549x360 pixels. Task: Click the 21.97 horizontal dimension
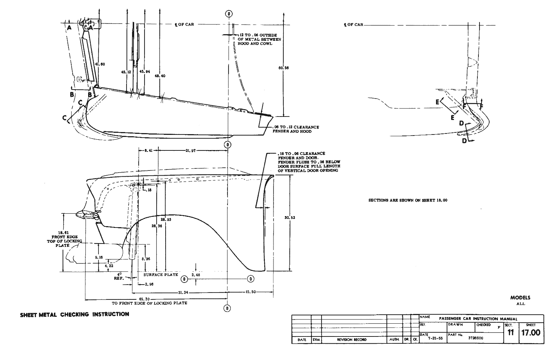click(x=190, y=150)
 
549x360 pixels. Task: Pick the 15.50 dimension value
click(x=250, y=292)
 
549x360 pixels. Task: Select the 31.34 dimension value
click(x=183, y=292)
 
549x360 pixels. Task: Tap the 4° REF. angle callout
click(x=119, y=276)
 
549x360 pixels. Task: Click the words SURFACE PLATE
click(x=161, y=275)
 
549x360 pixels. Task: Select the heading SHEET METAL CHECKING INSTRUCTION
click(x=75, y=314)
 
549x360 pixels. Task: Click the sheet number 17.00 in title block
click(x=530, y=333)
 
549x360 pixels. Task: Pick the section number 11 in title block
click(x=511, y=333)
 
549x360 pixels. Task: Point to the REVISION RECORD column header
click(x=352, y=340)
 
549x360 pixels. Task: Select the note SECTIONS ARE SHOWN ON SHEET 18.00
click(x=408, y=200)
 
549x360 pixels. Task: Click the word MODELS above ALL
click(x=520, y=297)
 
